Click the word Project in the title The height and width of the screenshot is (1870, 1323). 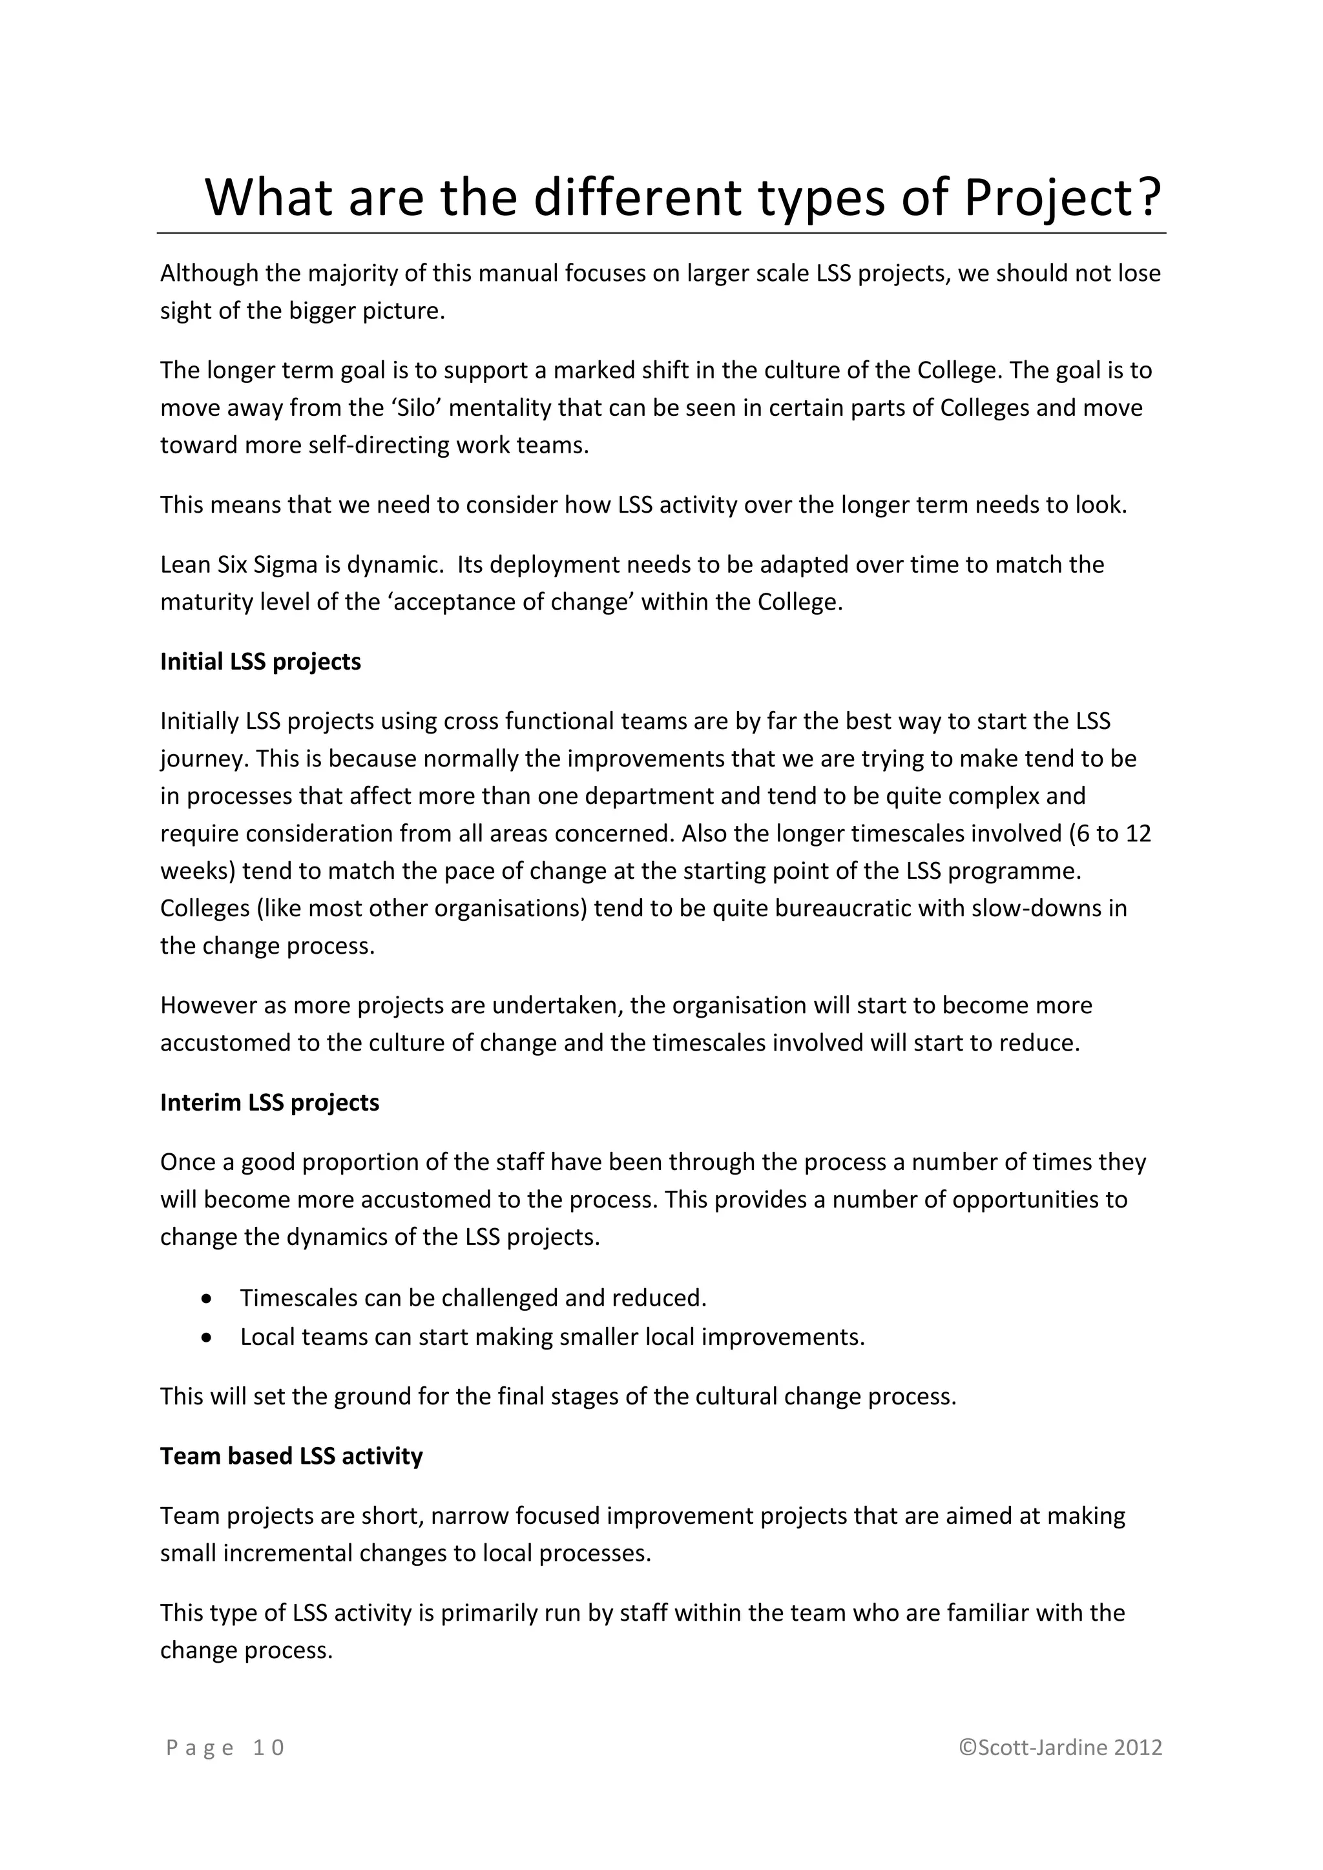(x=1045, y=198)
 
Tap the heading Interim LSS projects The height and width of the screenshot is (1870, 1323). (x=269, y=1102)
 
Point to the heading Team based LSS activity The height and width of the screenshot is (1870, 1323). (x=291, y=1455)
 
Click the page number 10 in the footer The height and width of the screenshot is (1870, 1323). (x=268, y=1747)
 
